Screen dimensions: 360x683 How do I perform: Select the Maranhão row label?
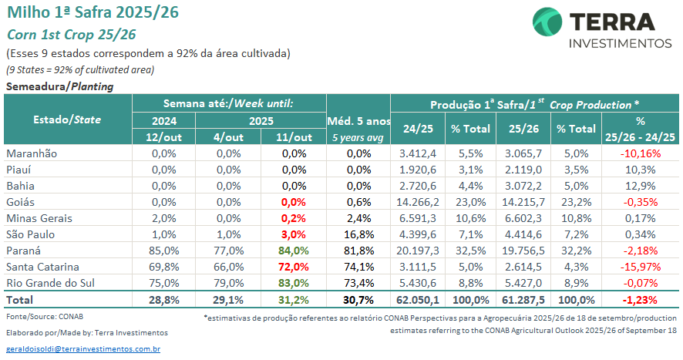click(x=32, y=153)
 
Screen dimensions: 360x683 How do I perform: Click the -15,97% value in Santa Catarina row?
click(x=640, y=266)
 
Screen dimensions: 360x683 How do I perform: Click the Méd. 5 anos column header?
click(x=358, y=121)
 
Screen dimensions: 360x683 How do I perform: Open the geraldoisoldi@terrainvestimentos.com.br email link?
click(x=82, y=349)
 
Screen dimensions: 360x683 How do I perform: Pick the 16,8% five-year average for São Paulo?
click(x=358, y=234)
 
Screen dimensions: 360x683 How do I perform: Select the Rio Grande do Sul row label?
click(x=52, y=282)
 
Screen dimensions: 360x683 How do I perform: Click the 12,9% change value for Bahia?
click(x=640, y=186)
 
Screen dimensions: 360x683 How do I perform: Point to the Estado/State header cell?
click(x=68, y=119)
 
